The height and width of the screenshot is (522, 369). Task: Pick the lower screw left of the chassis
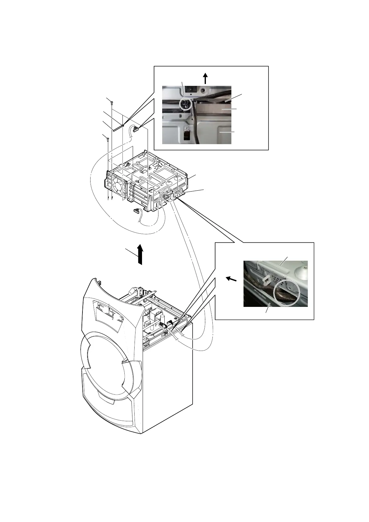coord(107,139)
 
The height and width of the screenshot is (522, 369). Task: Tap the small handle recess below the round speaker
coord(106,401)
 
